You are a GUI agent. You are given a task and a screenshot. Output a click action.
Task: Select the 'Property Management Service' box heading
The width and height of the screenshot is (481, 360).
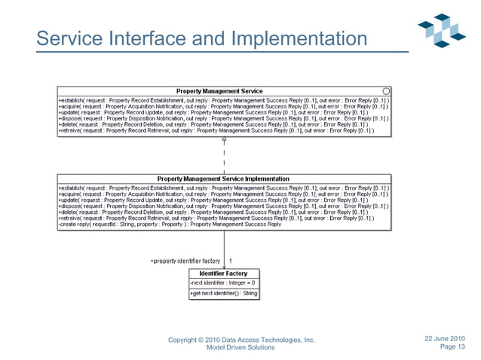[219, 91]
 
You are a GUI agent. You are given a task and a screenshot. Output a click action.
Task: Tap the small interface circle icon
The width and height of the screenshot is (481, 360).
[386, 91]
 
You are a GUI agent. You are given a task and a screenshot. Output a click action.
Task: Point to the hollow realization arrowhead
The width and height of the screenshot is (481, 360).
[224, 140]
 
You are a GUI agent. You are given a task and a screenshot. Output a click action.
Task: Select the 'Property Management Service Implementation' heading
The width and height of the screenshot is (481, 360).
[223, 178]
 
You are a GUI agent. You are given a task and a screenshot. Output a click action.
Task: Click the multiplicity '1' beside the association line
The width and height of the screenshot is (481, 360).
[231, 261]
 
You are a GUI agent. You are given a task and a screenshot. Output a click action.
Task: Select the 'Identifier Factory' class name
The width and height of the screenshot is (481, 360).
[223, 273]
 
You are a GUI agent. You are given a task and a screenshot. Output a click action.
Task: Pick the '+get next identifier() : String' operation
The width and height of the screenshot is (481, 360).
[223, 293]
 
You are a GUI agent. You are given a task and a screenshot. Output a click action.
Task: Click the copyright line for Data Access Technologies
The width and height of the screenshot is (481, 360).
[241, 340]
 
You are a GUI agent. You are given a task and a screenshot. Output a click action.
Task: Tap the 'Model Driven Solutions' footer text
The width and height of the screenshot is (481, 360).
[241, 348]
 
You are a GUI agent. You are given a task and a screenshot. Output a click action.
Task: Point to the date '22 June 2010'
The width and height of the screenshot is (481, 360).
[445, 338]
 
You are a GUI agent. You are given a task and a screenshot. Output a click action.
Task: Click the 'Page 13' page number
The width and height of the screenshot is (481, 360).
[452, 347]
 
